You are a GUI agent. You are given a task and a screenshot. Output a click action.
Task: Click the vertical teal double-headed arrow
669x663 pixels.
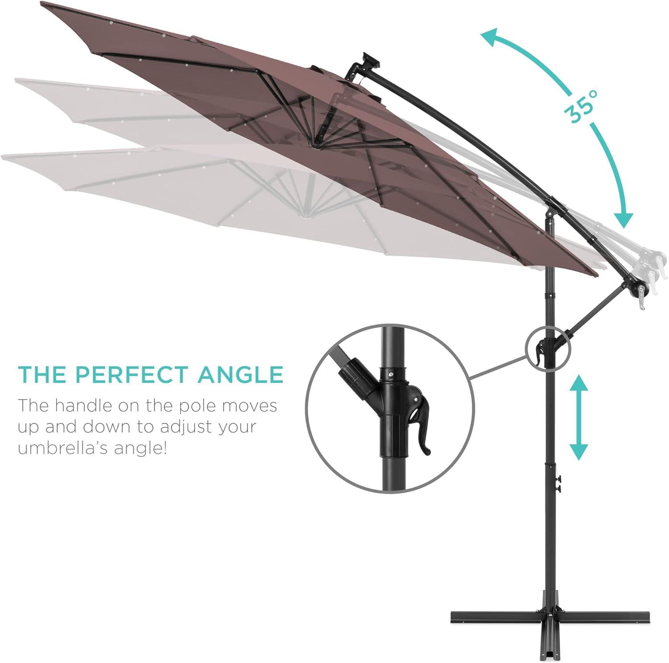click(x=578, y=417)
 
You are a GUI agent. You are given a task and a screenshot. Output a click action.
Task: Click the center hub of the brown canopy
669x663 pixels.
click(x=316, y=144)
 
